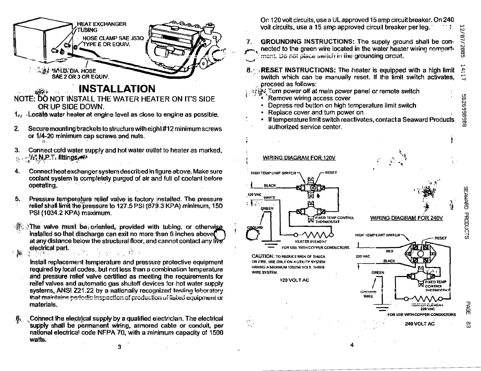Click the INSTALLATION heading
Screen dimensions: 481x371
[117, 89]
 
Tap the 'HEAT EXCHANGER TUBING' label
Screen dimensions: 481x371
[101, 27]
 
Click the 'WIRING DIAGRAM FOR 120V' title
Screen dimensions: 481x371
[299, 158]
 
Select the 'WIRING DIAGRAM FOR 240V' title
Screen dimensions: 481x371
[406, 218]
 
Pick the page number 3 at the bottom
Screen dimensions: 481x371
[119, 347]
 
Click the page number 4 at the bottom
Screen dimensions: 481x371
[352, 345]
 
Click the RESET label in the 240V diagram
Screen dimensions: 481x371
[441, 238]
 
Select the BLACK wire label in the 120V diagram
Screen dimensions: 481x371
[270, 185]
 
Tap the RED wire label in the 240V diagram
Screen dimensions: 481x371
[389, 251]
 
